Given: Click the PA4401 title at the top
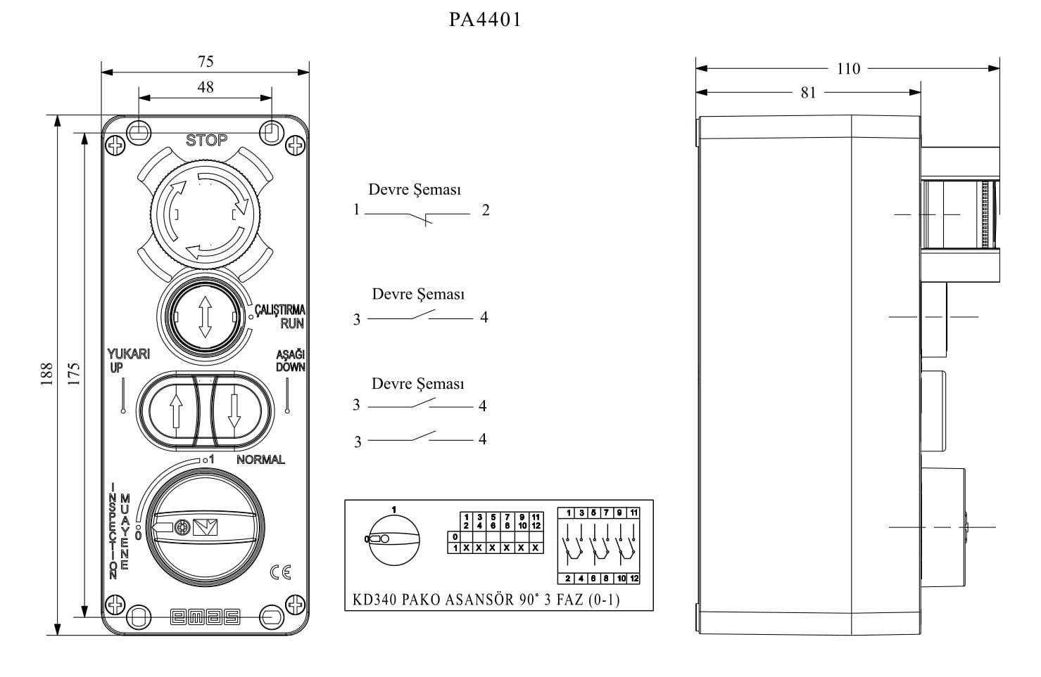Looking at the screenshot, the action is [x=485, y=20].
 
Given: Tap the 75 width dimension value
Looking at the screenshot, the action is [x=206, y=61].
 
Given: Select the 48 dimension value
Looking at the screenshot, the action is [x=206, y=87].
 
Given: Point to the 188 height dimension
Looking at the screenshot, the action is [x=46, y=374].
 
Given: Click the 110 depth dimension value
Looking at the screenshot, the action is [x=848, y=69].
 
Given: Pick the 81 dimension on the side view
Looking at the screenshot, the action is [x=809, y=93].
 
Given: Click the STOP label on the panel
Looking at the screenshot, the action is [x=206, y=140].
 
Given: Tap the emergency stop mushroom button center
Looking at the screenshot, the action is [x=206, y=214].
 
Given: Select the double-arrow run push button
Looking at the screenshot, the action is [x=205, y=317].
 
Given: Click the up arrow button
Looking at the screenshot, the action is [x=176, y=411].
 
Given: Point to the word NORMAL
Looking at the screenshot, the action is [x=260, y=460].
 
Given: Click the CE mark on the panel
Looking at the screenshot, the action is [x=281, y=572].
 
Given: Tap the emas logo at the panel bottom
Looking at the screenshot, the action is [x=205, y=617].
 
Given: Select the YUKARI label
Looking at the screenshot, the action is [x=129, y=354].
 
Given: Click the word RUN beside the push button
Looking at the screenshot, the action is [x=292, y=323].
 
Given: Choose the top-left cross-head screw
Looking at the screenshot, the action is [x=115, y=146].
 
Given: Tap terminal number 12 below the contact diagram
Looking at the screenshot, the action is [x=634, y=579].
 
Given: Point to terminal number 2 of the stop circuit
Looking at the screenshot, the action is [x=486, y=210].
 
